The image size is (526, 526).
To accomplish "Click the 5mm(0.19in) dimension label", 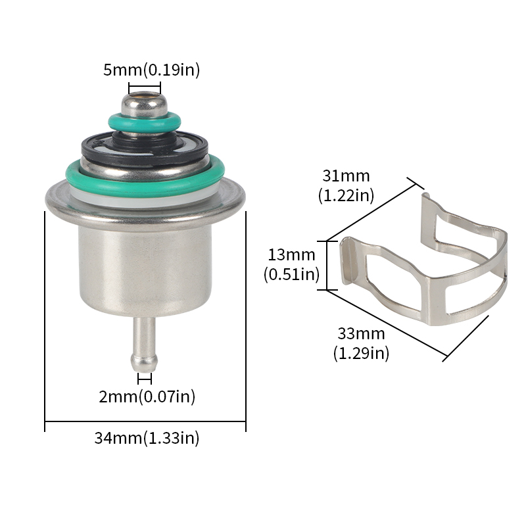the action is (x=151, y=70).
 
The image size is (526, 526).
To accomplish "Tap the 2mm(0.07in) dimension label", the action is (x=147, y=396).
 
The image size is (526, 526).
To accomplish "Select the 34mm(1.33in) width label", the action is (x=147, y=438).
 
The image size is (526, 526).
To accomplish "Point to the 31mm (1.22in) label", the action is (x=346, y=185).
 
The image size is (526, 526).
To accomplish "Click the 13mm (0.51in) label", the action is (x=291, y=264).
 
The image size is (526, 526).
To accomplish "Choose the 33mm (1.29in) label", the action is (x=361, y=343).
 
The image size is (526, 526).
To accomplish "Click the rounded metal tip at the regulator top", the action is (x=144, y=104).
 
